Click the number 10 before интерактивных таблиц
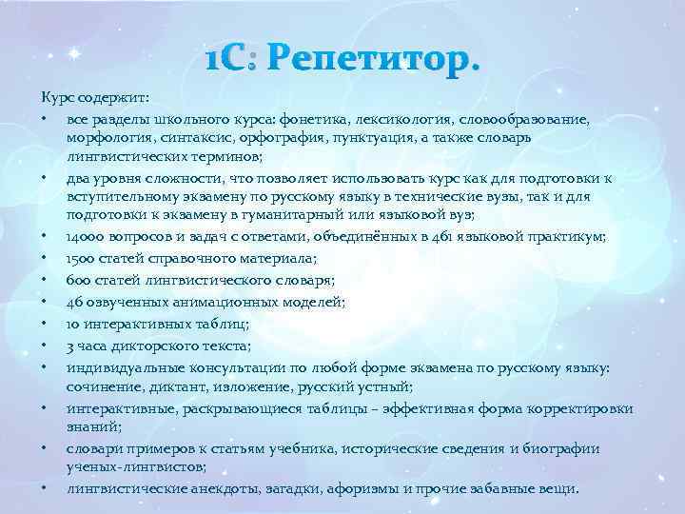pos(73,324)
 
